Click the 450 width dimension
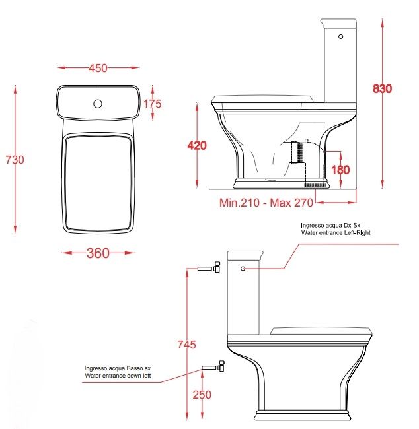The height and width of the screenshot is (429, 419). pyautogui.click(x=98, y=67)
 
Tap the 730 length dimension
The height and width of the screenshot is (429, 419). pyautogui.click(x=15, y=160)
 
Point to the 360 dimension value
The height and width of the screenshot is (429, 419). pyautogui.click(x=98, y=253)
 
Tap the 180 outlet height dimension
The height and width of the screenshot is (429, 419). pyautogui.click(x=340, y=170)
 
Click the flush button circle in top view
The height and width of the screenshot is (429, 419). pyautogui.click(x=98, y=103)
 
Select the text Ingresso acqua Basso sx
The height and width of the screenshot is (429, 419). pyautogui.click(x=114, y=368)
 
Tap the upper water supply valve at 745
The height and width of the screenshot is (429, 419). pyautogui.click(x=211, y=269)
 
